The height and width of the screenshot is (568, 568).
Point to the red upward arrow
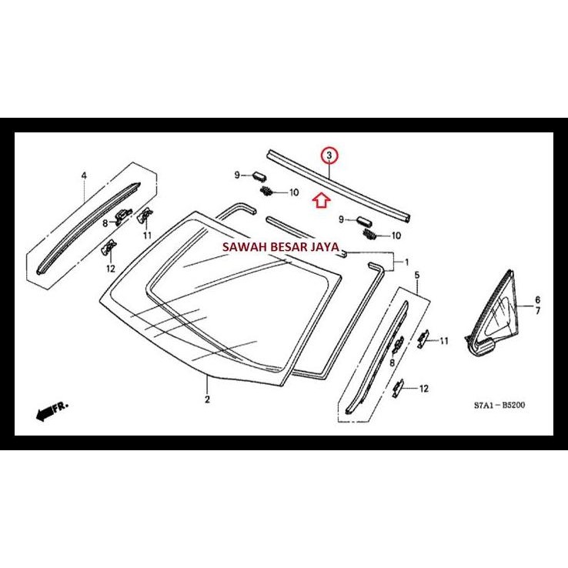click(x=322, y=201)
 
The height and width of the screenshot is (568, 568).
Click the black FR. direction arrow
click(x=52, y=412)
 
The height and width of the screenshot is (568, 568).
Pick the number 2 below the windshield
click(x=207, y=399)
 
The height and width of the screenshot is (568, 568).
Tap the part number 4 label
click(x=84, y=175)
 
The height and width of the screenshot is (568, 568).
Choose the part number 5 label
click(x=417, y=275)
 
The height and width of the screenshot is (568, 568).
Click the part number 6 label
click(x=537, y=299)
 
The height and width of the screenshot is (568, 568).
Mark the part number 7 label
click(x=537, y=311)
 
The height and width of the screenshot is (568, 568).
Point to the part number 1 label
click(x=406, y=262)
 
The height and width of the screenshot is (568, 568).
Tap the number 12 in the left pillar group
click(x=110, y=269)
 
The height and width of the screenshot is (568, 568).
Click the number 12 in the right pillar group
click(x=423, y=389)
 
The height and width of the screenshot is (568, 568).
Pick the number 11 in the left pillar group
click(x=146, y=234)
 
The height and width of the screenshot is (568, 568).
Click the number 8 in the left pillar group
click(x=105, y=222)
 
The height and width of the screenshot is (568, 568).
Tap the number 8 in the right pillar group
click(x=392, y=362)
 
